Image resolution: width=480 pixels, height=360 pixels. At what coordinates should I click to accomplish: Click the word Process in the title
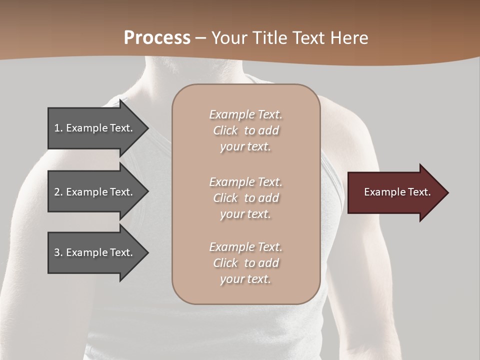click(157, 38)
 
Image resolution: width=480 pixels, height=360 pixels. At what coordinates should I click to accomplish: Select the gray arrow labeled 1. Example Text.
click(93, 128)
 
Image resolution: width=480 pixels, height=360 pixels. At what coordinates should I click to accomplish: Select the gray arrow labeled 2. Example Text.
click(93, 192)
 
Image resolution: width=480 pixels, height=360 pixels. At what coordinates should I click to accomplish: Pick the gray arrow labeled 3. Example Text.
click(93, 252)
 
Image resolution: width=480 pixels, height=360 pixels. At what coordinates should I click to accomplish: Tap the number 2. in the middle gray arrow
click(58, 192)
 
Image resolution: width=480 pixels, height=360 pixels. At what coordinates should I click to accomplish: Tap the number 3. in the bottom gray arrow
click(58, 252)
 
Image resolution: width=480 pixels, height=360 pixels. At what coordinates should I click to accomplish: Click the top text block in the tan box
click(245, 130)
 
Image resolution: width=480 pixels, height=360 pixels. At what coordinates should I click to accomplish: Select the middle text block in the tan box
click(245, 198)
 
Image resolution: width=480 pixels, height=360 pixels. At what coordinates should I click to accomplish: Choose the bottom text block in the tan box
click(245, 263)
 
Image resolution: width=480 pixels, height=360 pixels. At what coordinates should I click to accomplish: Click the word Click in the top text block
click(225, 130)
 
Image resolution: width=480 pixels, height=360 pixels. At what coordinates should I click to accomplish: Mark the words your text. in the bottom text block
click(245, 279)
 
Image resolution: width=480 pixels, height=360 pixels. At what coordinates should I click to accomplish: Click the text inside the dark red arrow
click(397, 192)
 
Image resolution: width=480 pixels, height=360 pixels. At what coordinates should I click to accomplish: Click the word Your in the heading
click(229, 38)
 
